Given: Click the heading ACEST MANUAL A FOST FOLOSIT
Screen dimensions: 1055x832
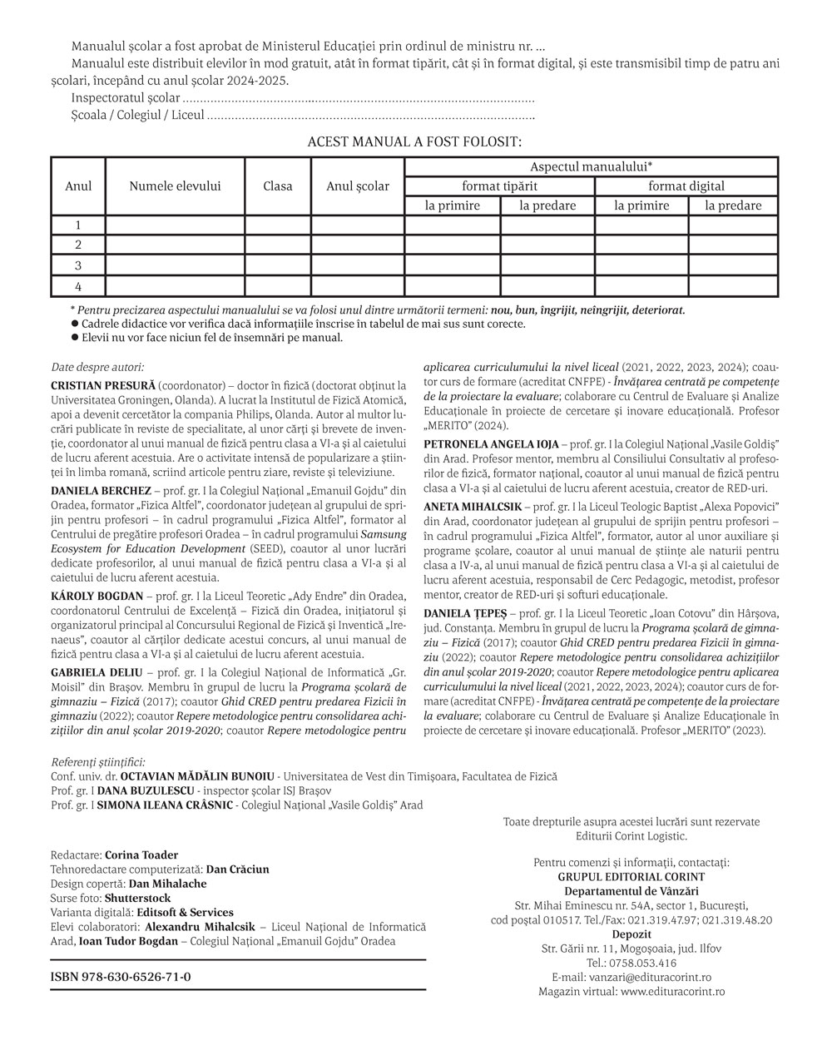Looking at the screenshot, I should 414,142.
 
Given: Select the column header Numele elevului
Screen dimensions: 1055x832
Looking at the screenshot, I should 175,186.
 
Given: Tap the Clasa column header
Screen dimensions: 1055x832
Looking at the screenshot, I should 278,186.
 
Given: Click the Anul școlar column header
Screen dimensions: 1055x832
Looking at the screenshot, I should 358,186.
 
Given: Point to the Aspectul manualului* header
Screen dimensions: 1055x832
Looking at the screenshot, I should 591,166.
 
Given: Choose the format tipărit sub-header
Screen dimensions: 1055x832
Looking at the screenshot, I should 500,186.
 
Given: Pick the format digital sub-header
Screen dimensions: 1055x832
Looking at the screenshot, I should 686,186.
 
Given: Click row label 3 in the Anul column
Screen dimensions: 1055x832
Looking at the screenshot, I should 78,265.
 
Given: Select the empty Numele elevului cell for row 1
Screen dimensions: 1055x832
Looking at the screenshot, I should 175,225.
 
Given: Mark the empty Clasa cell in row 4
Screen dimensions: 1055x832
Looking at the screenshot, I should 278,286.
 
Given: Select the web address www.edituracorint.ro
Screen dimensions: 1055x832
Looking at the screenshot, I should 672,991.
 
